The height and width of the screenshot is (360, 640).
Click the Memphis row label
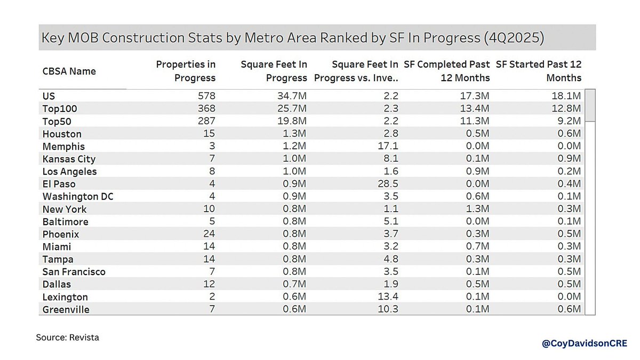coord(63,146)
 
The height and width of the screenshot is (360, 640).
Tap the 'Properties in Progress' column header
coord(186,71)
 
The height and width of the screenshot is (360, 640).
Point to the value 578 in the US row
coord(205,96)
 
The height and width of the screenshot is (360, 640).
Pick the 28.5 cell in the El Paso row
coord(388,184)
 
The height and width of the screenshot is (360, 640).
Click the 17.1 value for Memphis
coord(388,146)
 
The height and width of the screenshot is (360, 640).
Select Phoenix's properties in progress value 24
coord(209,234)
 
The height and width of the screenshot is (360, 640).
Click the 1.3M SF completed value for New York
coord(478,209)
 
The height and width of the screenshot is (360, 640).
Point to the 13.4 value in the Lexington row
coord(388,297)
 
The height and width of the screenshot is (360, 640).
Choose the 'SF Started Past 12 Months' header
coord(538,71)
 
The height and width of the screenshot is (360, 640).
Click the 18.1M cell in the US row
coord(569,96)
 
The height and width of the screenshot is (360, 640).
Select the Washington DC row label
coord(78,197)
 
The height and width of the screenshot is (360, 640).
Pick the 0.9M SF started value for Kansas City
coord(570,159)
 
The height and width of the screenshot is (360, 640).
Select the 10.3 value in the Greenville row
coord(388,310)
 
